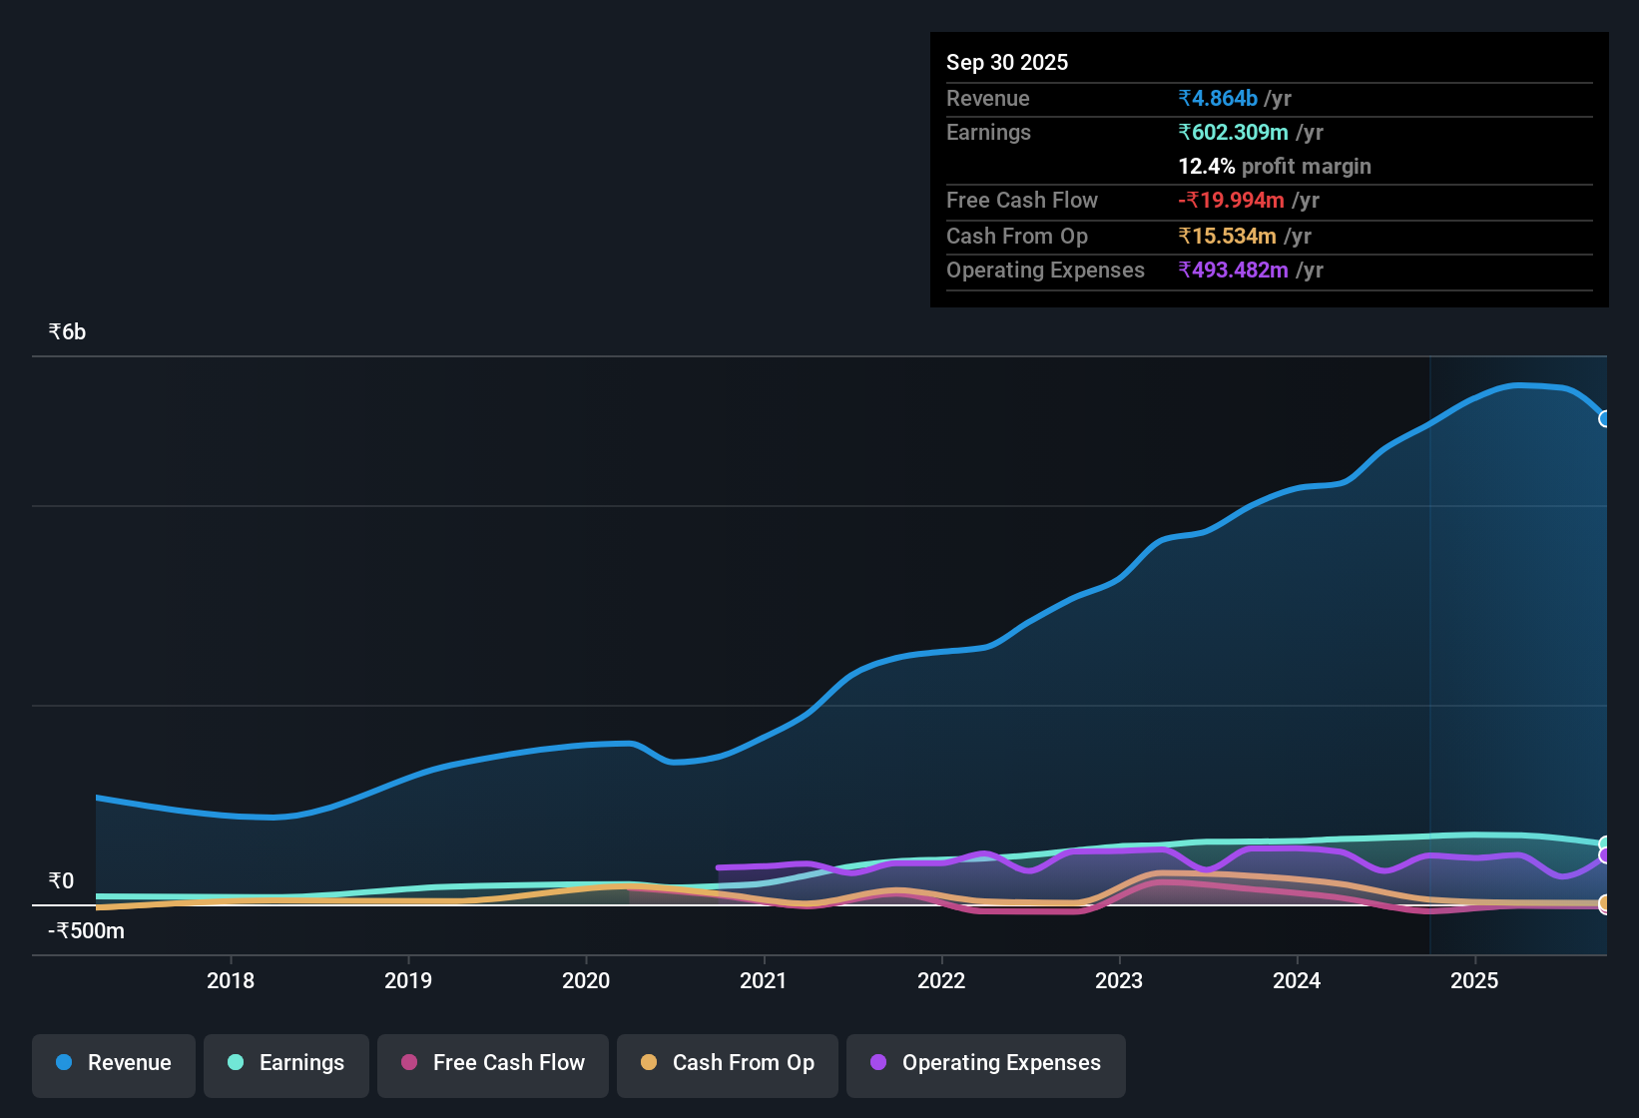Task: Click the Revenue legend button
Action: [114, 1063]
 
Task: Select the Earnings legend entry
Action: [286, 1063]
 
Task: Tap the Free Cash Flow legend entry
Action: [493, 1063]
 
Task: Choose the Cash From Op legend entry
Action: [728, 1063]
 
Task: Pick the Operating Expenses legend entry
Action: [986, 1063]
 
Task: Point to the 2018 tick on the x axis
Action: [231, 980]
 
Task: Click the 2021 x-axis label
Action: [764, 980]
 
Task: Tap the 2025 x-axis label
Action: [1474, 980]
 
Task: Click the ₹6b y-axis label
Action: [67, 332]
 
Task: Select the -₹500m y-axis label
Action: [87, 931]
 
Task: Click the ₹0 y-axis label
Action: [61, 881]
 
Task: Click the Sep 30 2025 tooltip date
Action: [1006, 62]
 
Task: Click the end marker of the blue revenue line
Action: [1605, 419]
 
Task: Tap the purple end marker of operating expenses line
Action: [1605, 855]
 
